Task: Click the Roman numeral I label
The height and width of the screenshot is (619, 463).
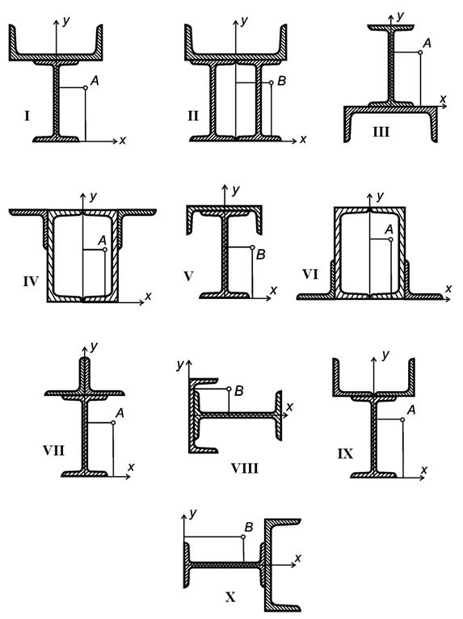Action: (27, 116)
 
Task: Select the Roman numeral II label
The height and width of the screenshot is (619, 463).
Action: (193, 116)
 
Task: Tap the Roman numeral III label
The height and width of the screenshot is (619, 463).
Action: (381, 132)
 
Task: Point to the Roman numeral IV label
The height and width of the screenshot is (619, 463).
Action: (31, 281)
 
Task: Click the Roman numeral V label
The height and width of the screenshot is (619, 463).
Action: (188, 276)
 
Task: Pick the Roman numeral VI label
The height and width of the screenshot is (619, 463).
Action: (310, 274)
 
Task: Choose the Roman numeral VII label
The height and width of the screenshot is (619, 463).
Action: (53, 450)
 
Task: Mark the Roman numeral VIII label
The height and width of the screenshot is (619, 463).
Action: (245, 469)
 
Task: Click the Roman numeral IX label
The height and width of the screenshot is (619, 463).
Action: (345, 453)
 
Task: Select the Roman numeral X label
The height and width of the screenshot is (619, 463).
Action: (230, 597)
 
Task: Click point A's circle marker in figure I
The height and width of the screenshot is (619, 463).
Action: (86, 87)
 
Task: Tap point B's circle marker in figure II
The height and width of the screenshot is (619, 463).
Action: (271, 82)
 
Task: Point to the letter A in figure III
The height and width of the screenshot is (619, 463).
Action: (427, 43)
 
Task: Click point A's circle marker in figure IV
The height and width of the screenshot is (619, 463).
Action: (104, 250)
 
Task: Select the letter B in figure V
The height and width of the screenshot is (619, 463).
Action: (260, 255)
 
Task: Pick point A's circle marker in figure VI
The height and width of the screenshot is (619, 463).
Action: (391, 239)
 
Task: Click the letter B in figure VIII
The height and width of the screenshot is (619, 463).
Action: (239, 391)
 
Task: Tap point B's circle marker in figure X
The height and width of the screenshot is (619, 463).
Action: (243, 537)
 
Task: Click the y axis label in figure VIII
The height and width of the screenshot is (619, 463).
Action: (180, 364)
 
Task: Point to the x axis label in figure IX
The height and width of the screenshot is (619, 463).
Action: (424, 470)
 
